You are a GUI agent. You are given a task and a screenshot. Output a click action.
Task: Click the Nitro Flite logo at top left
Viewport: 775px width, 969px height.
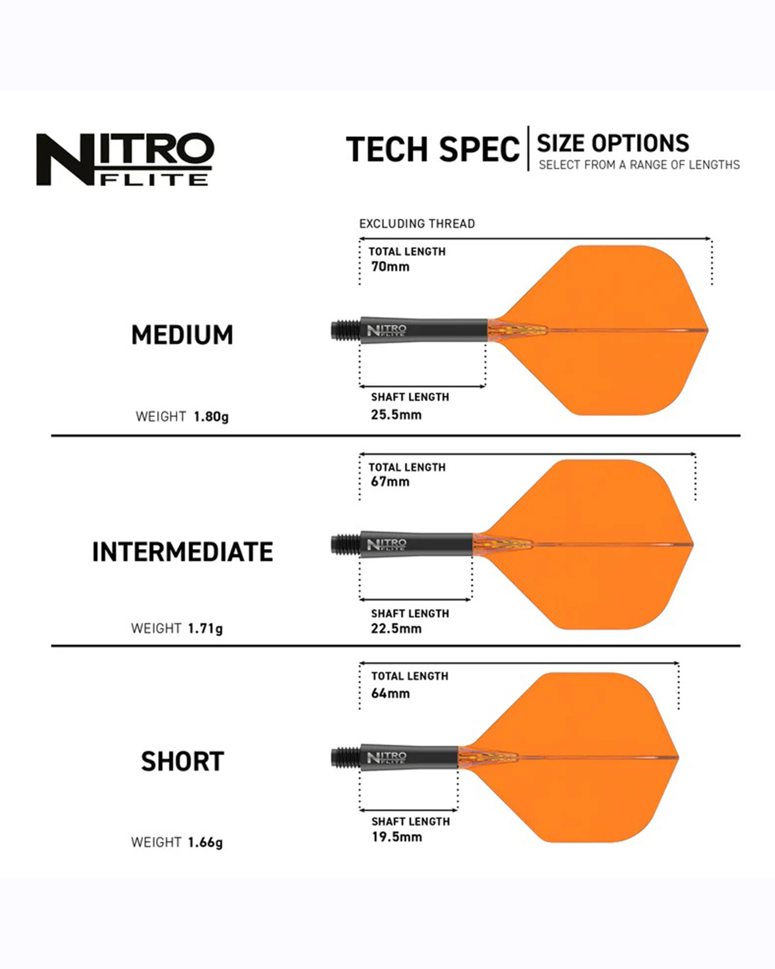coord(125,159)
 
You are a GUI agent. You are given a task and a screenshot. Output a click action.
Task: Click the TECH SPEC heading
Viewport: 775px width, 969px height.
coord(433,149)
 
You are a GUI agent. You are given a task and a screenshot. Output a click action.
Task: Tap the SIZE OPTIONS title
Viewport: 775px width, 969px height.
coord(613,143)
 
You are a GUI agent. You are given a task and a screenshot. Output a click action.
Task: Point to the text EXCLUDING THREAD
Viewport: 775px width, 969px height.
coord(417,224)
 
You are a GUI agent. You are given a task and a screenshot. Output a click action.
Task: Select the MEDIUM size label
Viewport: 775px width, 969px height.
coord(182,335)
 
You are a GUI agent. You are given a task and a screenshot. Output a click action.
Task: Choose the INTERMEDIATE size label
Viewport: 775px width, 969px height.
coord(183,552)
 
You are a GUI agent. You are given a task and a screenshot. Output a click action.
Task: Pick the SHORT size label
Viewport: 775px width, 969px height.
coord(183,761)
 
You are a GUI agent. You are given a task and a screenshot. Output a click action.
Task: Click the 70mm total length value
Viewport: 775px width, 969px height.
coord(390,266)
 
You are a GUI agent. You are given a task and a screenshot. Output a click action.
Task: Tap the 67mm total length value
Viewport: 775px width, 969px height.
coord(390,482)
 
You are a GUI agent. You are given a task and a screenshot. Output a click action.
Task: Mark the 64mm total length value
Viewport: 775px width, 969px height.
coord(390,693)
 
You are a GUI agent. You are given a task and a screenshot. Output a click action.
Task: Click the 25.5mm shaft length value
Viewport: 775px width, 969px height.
coord(396,415)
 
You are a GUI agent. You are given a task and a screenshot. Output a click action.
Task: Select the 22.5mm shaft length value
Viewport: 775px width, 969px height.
coord(396,628)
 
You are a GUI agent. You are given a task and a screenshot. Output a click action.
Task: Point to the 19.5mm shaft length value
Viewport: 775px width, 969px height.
coord(397,837)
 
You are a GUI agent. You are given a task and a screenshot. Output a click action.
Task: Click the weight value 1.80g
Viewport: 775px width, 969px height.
coord(211,417)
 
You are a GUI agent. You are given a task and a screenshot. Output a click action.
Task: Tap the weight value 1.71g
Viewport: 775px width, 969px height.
coord(205,629)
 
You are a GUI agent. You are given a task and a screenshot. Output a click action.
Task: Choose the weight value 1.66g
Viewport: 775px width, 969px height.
coord(205,843)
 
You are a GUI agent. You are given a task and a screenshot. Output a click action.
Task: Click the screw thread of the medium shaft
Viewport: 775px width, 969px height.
coord(346,330)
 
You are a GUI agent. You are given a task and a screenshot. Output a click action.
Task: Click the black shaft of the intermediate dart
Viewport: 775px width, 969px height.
coord(416,545)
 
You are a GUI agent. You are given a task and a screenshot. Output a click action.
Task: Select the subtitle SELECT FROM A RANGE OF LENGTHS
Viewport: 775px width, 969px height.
coord(639,165)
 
